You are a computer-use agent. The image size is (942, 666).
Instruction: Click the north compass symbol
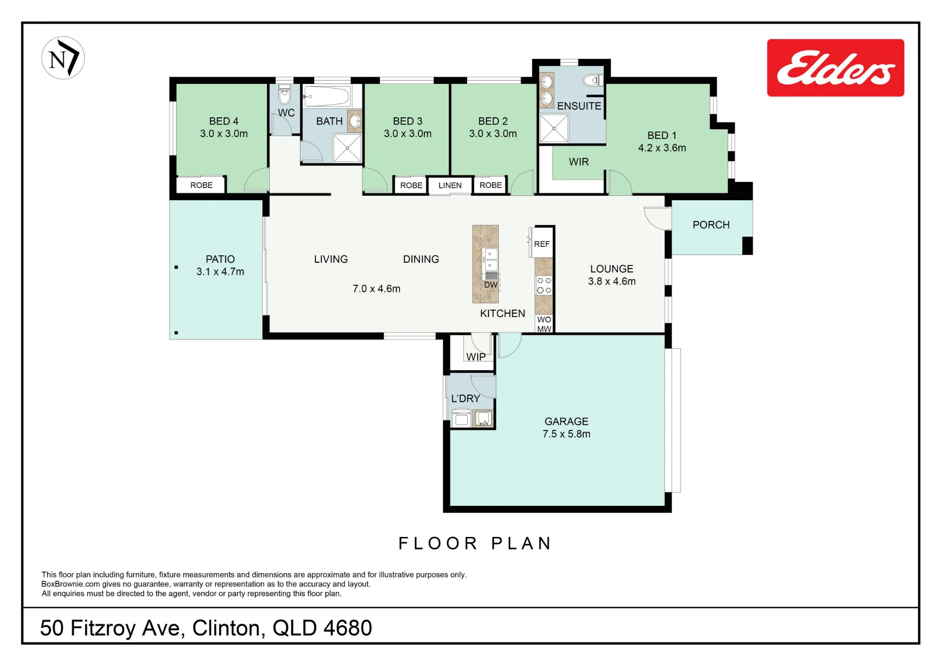pos(63,58)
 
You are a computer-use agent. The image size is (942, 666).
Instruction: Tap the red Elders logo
pos(835,68)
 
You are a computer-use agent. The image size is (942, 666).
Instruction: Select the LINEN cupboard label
pos(450,185)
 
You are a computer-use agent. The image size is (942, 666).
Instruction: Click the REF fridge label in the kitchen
pos(542,244)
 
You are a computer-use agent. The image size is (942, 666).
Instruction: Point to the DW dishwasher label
pos(491,285)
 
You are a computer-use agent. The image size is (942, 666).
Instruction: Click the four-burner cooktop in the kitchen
pos(544,285)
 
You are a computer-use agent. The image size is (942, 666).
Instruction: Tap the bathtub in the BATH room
pos(327,97)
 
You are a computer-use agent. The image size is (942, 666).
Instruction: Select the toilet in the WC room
pos(284,95)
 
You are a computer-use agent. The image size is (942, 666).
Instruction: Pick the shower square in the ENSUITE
pos(554,128)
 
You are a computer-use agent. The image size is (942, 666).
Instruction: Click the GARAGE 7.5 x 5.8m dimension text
pos(566,434)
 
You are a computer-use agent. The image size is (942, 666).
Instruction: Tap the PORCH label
pos(711,225)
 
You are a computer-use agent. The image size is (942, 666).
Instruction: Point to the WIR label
pos(578,162)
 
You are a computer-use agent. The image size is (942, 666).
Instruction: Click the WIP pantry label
pos(476,357)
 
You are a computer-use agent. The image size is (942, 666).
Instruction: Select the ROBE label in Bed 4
pos(201,185)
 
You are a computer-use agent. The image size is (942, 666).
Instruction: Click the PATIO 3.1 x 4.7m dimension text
pos(220,272)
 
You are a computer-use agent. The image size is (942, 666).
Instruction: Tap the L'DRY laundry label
pos(465,398)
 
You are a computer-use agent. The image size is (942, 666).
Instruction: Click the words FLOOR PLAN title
pos(475,543)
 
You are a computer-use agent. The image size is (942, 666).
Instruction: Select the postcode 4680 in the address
pos(348,628)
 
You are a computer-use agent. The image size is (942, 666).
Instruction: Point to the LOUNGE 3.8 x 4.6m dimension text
pos(612,281)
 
